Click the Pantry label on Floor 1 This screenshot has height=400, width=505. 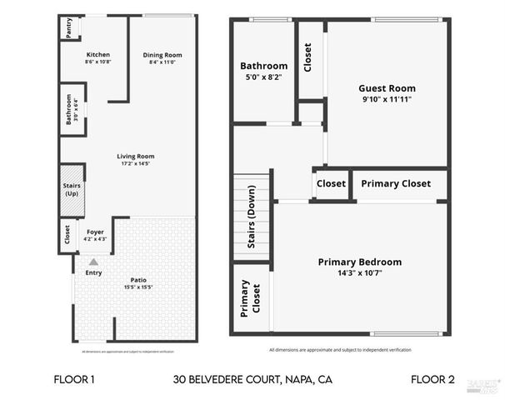tap(67, 27)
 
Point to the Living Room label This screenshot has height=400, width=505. tap(135, 156)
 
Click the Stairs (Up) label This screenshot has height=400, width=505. tap(72, 190)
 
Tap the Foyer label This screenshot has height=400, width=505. tap(95, 232)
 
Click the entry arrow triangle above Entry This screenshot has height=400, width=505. tap(94, 262)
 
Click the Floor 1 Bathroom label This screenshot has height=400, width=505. tap(69, 109)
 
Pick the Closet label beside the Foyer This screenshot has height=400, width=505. tap(67, 234)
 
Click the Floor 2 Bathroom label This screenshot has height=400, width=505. tap(263, 66)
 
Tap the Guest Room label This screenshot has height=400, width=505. tap(387, 88)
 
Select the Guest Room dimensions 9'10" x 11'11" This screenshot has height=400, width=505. tap(387, 98)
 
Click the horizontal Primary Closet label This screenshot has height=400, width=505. tap(395, 183)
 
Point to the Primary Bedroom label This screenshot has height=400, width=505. tap(360, 262)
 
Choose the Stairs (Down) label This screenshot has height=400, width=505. tap(252, 218)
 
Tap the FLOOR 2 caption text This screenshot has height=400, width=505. tap(432, 379)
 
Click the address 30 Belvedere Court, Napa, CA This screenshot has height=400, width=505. tap(252, 379)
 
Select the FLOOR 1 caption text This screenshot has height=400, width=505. tap(74, 379)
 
